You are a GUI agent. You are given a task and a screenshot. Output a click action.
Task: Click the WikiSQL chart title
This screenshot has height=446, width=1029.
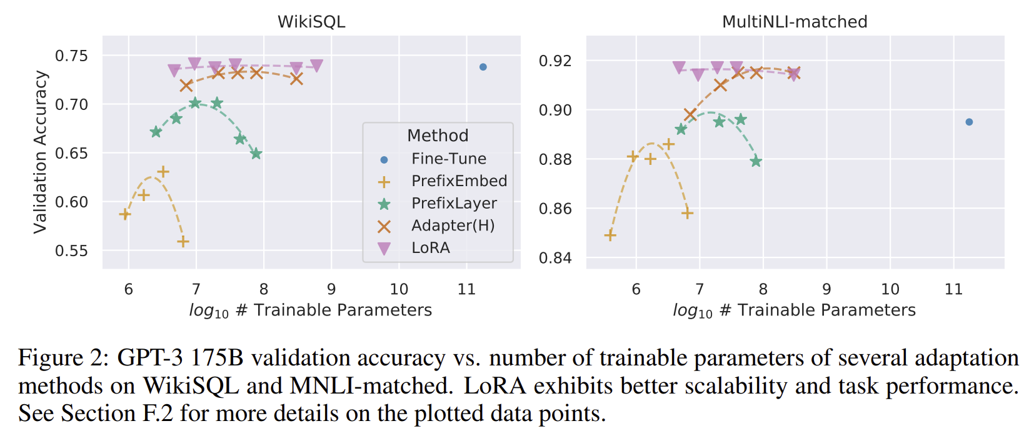pyautogui.click(x=311, y=22)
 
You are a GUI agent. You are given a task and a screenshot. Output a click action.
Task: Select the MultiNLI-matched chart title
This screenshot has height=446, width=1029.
pyautogui.click(x=795, y=22)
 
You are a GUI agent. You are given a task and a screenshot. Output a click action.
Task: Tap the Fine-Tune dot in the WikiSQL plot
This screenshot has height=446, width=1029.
pyautogui.click(x=483, y=67)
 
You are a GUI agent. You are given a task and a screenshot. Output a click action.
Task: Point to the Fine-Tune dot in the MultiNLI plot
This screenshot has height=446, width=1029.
pyautogui.click(x=969, y=122)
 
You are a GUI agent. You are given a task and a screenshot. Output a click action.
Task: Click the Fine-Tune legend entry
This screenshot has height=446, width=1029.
pyautogui.click(x=448, y=159)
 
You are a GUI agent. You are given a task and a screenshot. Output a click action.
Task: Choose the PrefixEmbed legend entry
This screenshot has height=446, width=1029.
pyautogui.click(x=459, y=181)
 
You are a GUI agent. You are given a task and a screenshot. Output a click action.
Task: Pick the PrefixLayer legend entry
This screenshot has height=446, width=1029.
pyautogui.click(x=454, y=204)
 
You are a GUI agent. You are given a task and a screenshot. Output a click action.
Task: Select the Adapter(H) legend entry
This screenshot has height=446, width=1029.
pyautogui.click(x=453, y=225)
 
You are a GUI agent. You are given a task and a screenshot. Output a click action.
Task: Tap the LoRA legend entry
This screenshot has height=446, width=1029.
pyautogui.click(x=430, y=248)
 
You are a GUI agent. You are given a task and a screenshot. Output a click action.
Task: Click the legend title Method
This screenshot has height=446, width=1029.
pyautogui.click(x=438, y=136)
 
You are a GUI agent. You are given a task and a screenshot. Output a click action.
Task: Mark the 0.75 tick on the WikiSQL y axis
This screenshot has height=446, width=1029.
pyautogui.click(x=71, y=56)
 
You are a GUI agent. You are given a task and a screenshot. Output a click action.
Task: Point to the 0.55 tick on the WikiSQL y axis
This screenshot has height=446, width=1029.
pyautogui.click(x=71, y=251)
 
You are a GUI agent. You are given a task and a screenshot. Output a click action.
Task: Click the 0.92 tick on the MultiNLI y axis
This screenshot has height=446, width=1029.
pyautogui.click(x=555, y=61)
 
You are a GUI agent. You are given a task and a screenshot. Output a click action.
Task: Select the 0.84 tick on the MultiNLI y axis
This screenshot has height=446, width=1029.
pyautogui.click(x=555, y=258)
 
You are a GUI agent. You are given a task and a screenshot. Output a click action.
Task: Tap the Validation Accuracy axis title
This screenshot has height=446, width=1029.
pyautogui.click(x=41, y=152)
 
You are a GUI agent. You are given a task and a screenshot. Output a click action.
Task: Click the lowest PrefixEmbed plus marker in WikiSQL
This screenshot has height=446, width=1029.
pyautogui.click(x=183, y=242)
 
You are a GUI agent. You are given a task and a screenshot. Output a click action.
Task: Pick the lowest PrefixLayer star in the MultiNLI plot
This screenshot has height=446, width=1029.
pyautogui.click(x=756, y=162)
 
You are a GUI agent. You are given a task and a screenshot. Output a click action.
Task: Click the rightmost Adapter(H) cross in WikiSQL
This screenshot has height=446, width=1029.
pyautogui.click(x=296, y=79)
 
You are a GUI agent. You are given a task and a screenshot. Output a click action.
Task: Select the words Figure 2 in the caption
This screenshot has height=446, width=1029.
pyautogui.click(x=60, y=359)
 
